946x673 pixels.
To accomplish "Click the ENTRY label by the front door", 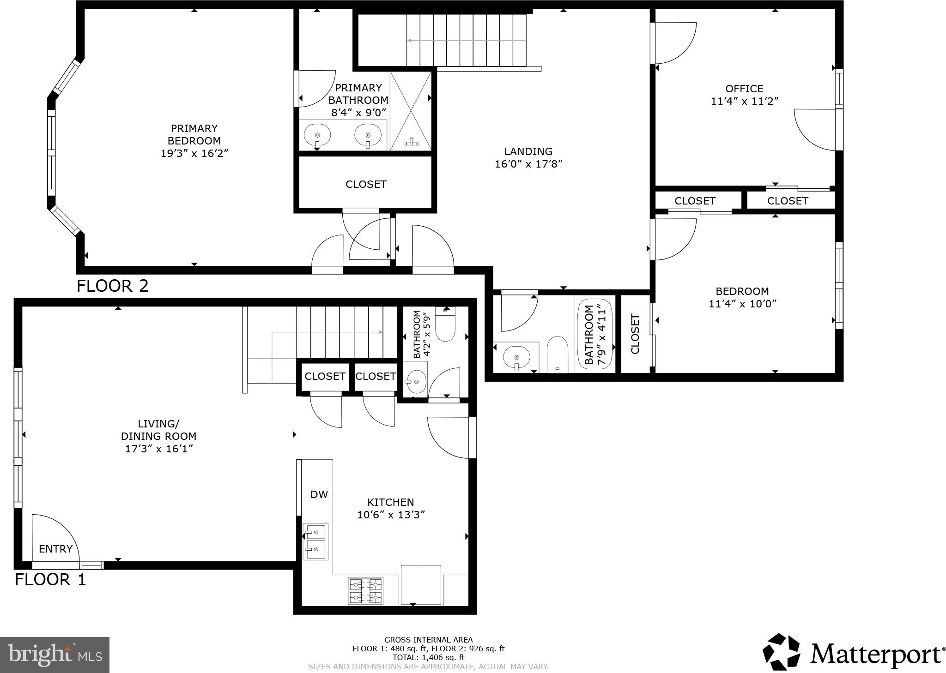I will (55, 549).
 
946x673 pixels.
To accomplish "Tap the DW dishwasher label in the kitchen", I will (319, 494).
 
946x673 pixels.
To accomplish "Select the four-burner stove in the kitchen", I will (366, 591).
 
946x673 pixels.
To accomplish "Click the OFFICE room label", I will (744, 89).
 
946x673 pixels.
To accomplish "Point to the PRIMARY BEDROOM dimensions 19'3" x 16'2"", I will (194, 153).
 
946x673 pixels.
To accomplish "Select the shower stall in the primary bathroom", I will (411, 111).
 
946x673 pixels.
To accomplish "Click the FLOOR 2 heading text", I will (112, 286).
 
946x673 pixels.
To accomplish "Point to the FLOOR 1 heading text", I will (50, 579).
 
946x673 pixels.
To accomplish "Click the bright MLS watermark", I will (55, 655).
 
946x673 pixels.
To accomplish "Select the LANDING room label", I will (528, 151).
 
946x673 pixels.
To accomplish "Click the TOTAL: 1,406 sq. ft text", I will (428, 657).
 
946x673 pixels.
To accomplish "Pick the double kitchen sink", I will (315, 541).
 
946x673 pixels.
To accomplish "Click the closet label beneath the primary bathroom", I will (366, 184).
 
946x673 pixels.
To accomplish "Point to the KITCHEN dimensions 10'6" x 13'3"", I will (391, 515).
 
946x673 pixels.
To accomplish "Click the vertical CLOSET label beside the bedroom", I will (635, 334).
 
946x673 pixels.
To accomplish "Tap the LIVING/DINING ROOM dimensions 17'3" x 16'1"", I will (158, 449).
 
